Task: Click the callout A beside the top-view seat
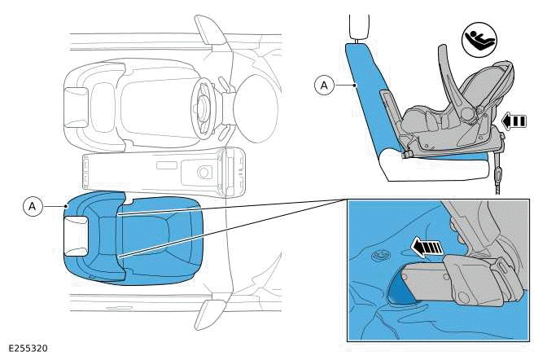[33, 207]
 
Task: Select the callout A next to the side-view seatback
[324, 83]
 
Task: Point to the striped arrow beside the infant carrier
[512, 121]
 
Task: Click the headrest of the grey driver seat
[79, 105]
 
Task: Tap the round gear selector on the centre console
[202, 172]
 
